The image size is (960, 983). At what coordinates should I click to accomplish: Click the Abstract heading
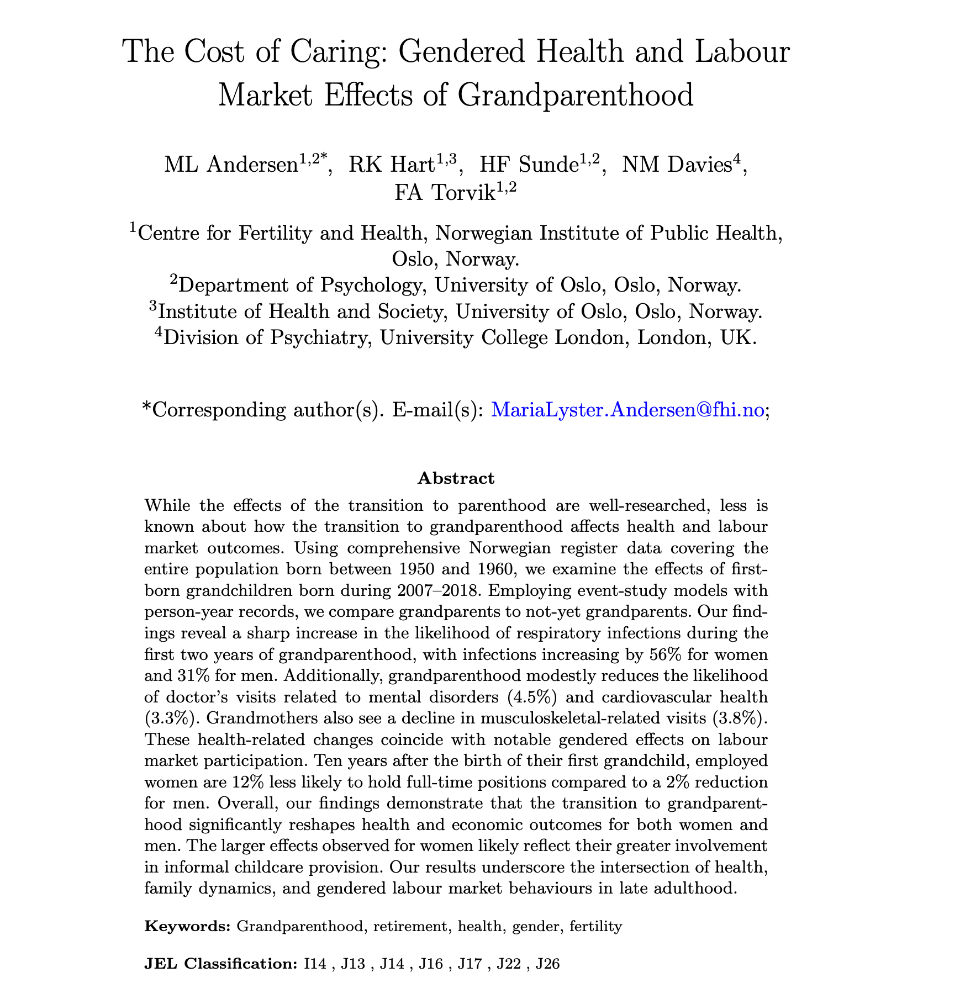[456, 478]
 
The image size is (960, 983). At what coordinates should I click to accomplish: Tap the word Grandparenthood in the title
[575, 96]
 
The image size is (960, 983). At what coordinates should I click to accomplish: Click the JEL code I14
[315, 964]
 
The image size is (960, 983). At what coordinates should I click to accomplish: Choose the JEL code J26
[548, 964]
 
